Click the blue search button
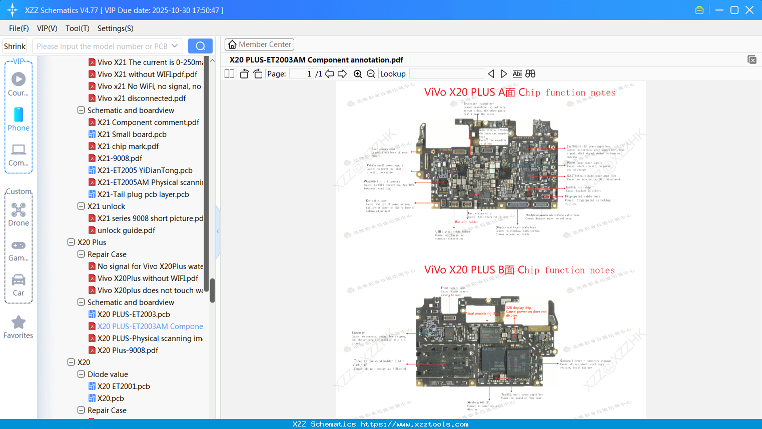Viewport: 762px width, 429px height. pyautogui.click(x=200, y=46)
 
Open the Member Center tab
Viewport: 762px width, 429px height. pyautogui.click(x=259, y=44)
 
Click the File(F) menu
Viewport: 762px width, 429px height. pyautogui.click(x=19, y=28)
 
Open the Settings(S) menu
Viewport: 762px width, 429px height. pyautogui.click(x=115, y=28)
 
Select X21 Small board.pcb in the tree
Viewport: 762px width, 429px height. pyautogui.click(x=132, y=134)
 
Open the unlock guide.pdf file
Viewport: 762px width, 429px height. pyautogui.click(x=126, y=230)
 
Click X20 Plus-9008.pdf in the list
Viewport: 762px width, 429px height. pyautogui.click(x=128, y=350)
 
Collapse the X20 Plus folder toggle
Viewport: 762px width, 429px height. pyautogui.click(x=71, y=242)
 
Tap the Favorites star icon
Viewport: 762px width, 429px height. pyautogui.click(x=19, y=322)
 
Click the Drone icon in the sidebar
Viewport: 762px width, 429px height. pyautogui.click(x=19, y=210)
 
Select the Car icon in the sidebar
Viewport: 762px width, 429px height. pyautogui.click(x=19, y=280)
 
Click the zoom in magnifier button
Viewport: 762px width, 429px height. pyautogui.click(x=358, y=74)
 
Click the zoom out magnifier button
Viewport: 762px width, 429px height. pyautogui.click(x=371, y=74)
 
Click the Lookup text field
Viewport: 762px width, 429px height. pyautogui.click(x=446, y=74)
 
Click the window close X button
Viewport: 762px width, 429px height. pyautogui.click(x=749, y=10)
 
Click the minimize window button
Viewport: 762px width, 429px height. pyautogui.click(x=719, y=10)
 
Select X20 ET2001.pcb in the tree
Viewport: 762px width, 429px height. pyautogui.click(x=124, y=386)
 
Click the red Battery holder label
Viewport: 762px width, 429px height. pyautogui.click(x=466, y=222)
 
